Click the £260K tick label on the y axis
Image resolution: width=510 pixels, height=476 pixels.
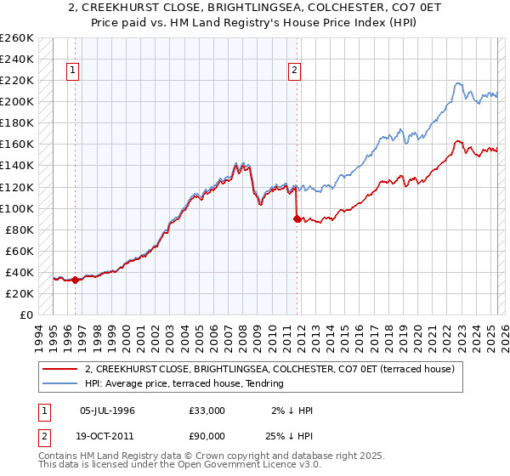click(x=17, y=38)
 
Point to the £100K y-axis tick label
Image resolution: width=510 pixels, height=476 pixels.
click(x=17, y=208)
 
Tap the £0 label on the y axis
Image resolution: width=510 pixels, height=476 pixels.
click(x=26, y=314)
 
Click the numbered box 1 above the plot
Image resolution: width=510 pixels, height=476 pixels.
click(x=74, y=71)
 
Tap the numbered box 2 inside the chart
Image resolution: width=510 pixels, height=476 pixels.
click(x=295, y=71)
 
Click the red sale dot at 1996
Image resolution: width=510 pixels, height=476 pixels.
click(x=75, y=280)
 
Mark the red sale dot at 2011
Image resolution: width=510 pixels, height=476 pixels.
click(x=297, y=218)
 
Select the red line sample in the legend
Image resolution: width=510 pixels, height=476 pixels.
click(x=59, y=369)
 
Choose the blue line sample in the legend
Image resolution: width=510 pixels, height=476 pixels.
click(x=59, y=383)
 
